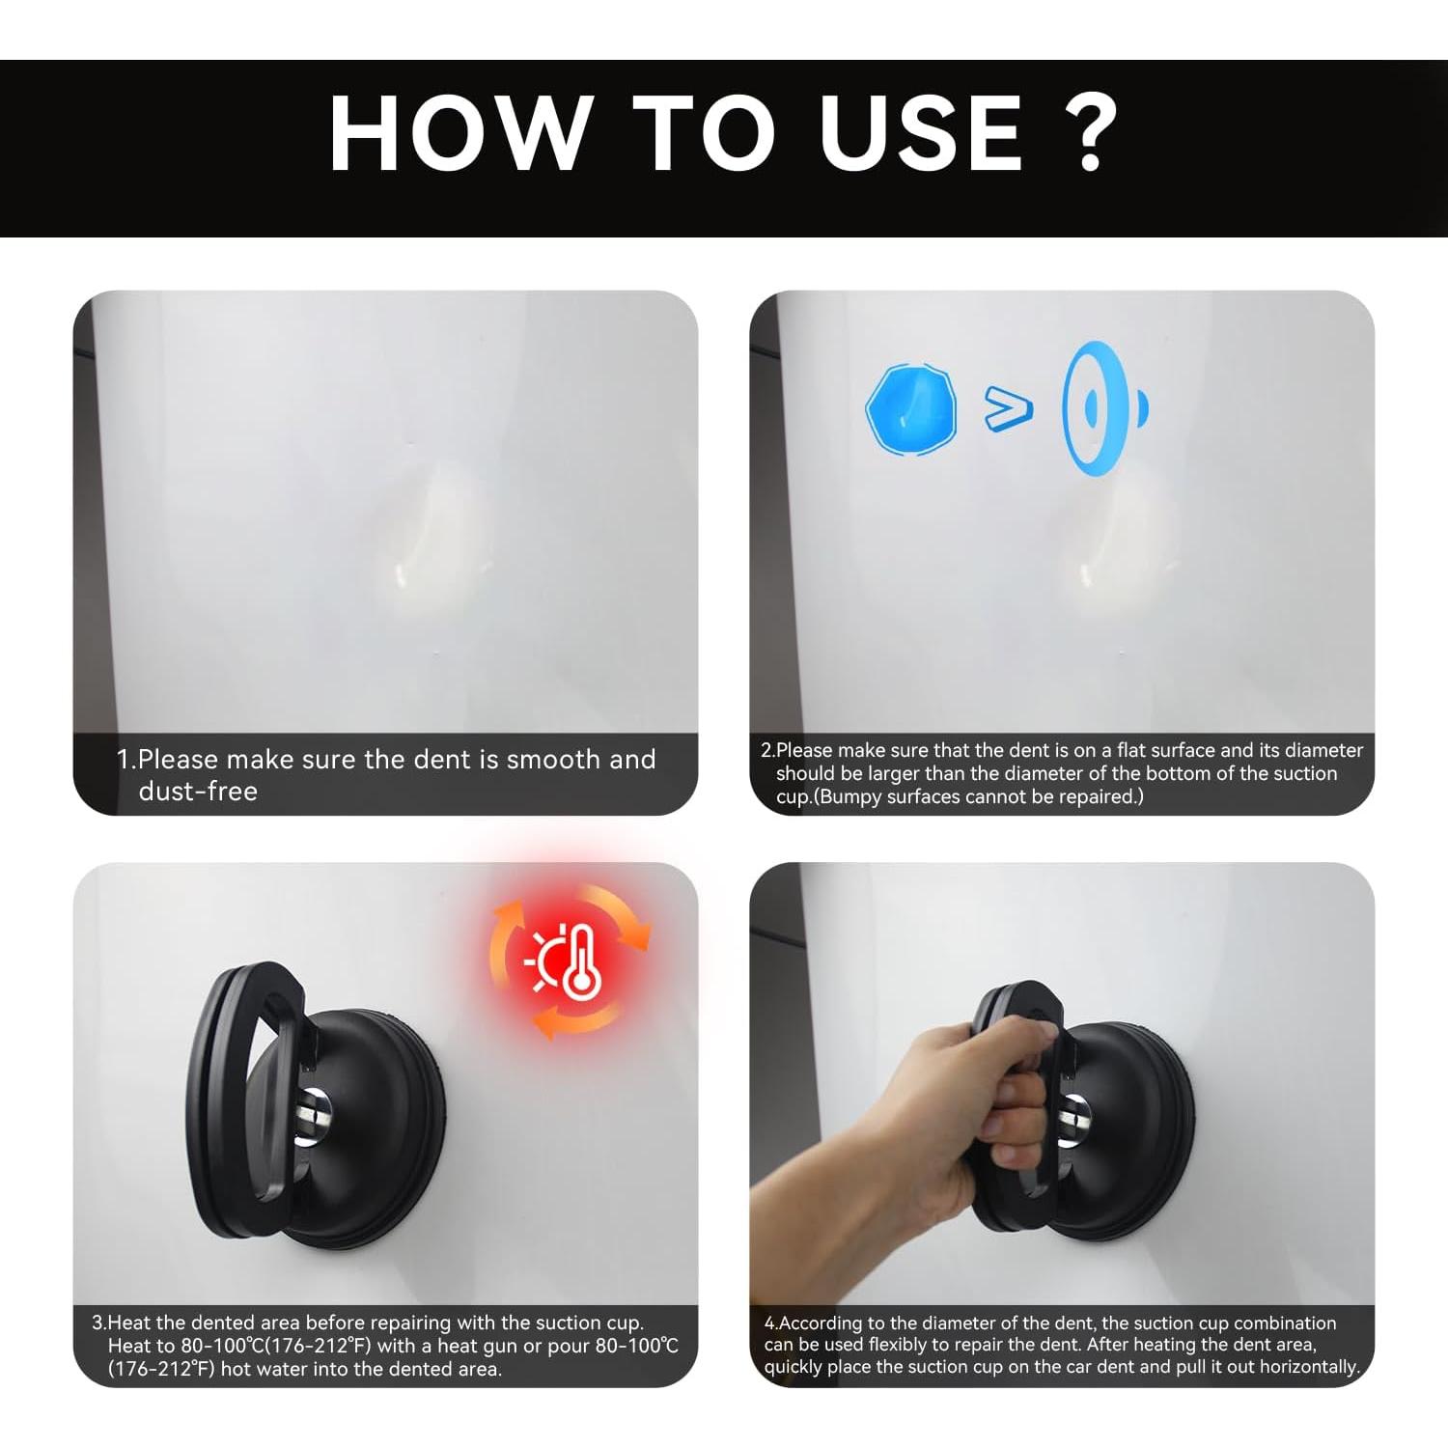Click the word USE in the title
coord(921,133)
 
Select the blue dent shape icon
coord(911,408)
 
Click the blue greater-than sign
coord(1009,408)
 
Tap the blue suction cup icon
coord(1104,407)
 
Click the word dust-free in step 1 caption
coord(198,792)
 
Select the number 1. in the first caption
coord(126,760)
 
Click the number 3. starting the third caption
coord(98,1323)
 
